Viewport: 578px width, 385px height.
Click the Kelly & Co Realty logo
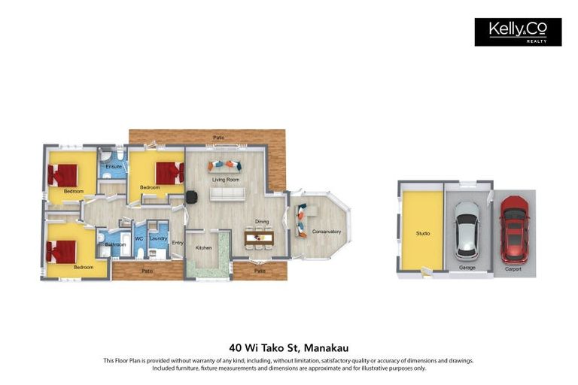pyautogui.click(x=518, y=32)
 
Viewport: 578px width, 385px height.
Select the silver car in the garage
pyautogui.click(x=467, y=229)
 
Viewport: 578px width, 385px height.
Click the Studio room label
pyautogui.click(x=423, y=234)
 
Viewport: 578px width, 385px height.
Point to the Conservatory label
pyautogui.click(x=326, y=232)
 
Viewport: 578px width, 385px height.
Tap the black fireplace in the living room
pyautogui.click(x=192, y=196)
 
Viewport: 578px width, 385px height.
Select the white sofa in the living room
pyautogui.click(x=227, y=194)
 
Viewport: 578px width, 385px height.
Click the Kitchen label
pyautogui.click(x=203, y=247)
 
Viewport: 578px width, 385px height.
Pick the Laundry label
pyautogui.click(x=158, y=238)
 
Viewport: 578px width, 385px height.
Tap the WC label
pyautogui.click(x=138, y=239)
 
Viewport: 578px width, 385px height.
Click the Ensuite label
pyautogui.click(x=114, y=166)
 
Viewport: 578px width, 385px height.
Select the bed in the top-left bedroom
pyautogui.click(x=63, y=175)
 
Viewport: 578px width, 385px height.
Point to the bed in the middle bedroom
pyautogui.click(x=169, y=173)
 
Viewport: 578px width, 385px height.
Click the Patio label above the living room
pyautogui.click(x=218, y=138)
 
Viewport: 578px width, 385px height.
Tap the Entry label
pyautogui.click(x=178, y=243)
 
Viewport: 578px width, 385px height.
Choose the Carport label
pyautogui.click(x=514, y=267)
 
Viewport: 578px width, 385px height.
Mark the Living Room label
pyautogui.click(x=225, y=180)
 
